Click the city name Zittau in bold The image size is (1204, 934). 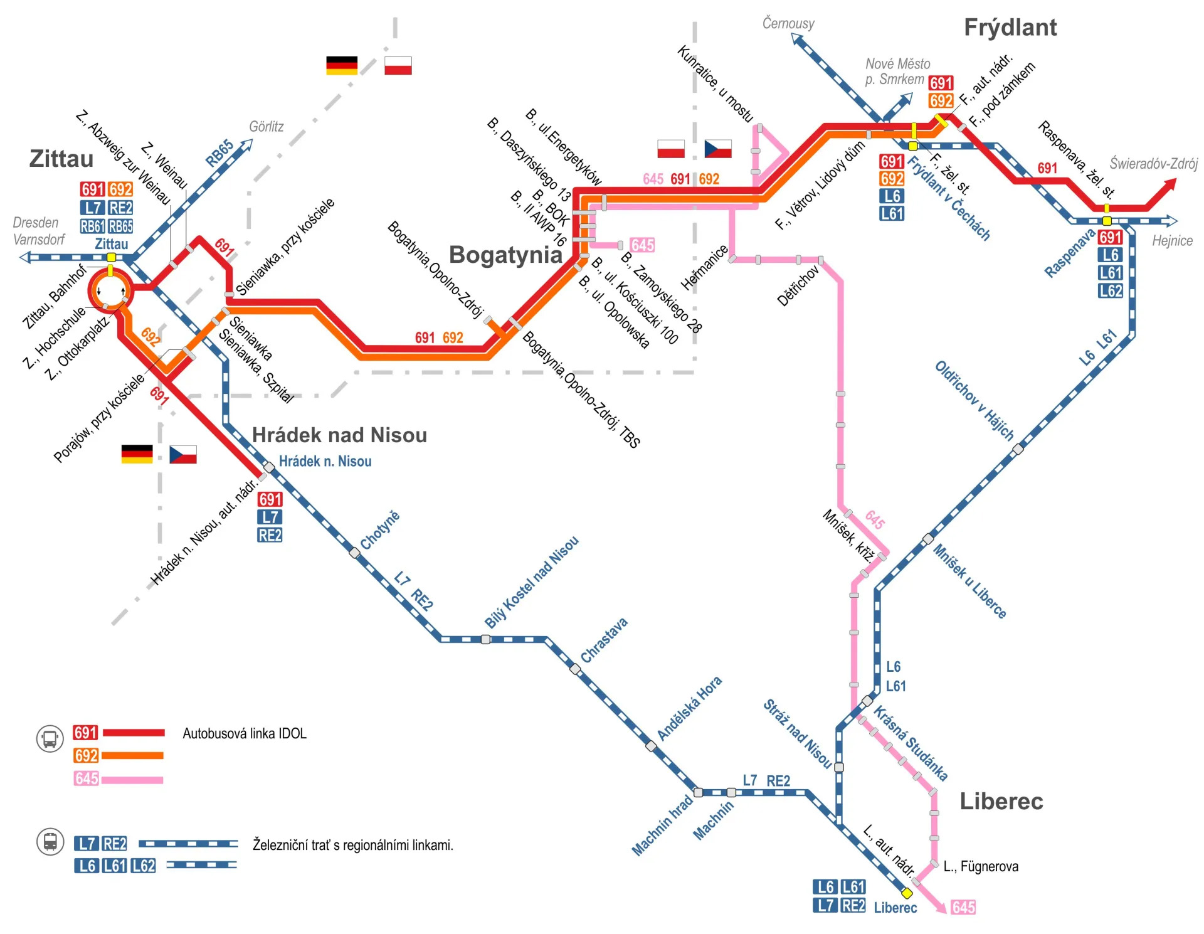(61, 159)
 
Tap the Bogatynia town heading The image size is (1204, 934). (505, 255)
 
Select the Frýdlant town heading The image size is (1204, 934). (1010, 28)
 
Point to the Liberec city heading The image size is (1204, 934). (1001, 801)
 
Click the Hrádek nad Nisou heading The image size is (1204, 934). (339, 435)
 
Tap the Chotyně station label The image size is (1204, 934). (380, 530)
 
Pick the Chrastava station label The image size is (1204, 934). (604, 640)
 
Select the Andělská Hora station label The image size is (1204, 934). (689, 708)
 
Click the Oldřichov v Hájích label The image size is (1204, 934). (974, 401)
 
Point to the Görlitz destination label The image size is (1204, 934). (266, 127)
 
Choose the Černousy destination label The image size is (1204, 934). (788, 24)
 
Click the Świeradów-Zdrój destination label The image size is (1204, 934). (1153, 164)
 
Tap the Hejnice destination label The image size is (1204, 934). (1172, 241)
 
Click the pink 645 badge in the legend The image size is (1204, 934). (86, 778)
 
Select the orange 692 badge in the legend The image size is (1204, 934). (86, 755)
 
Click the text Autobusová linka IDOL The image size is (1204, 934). (244, 733)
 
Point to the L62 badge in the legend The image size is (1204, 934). (144, 866)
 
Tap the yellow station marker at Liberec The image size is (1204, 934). (907, 893)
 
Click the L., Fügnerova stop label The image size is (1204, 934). (981, 866)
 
